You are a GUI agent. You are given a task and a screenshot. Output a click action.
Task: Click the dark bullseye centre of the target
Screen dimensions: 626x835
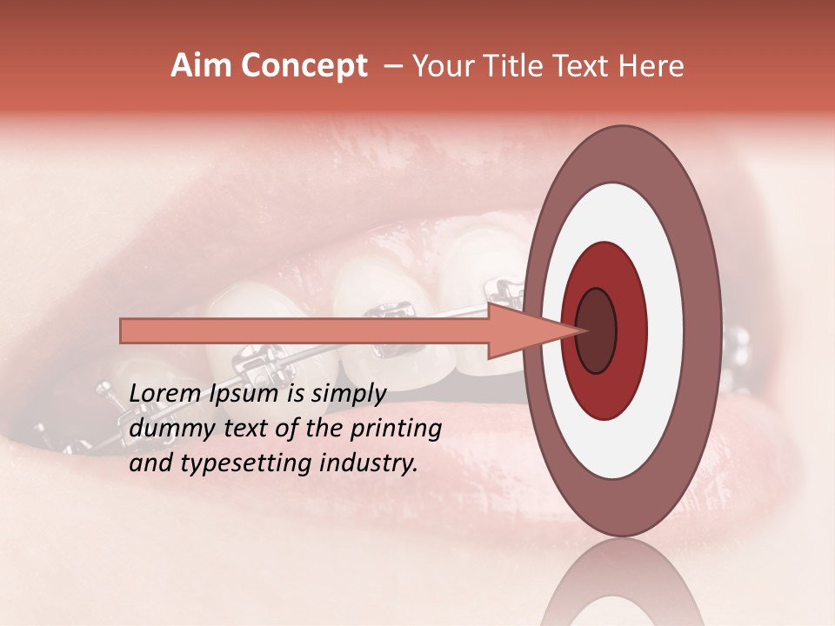pyautogui.click(x=597, y=330)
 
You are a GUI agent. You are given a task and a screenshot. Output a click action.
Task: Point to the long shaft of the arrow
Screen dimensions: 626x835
pyautogui.click(x=304, y=331)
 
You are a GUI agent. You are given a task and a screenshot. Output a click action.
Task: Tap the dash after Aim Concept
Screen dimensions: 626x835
pyautogui.click(x=392, y=67)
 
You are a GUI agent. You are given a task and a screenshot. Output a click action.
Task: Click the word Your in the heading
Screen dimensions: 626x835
pyautogui.click(x=440, y=66)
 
